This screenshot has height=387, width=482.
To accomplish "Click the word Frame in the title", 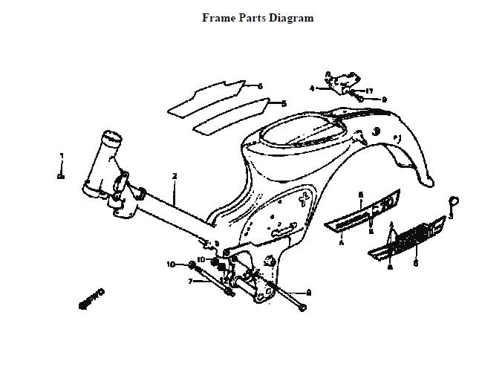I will pyautogui.click(x=218, y=18).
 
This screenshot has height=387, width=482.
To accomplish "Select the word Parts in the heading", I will pyautogui.click(x=253, y=18).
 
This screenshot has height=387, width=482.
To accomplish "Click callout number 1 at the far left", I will pyautogui.click(x=62, y=156).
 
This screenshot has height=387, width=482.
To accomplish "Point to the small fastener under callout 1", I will pyautogui.click(x=62, y=176).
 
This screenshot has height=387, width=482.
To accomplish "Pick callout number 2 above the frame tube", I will pyautogui.click(x=175, y=176).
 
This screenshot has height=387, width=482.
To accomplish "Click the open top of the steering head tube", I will pyautogui.click(x=111, y=137).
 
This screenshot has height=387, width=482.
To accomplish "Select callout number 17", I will pyautogui.click(x=369, y=91).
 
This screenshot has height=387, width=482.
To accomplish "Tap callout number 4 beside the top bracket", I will pyautogui.click(x=313, y=88).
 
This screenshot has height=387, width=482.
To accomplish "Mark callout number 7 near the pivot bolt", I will pyautogui.click(x=190, y=282).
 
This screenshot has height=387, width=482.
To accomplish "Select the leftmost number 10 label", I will pyautogui.click(x=170, y=264).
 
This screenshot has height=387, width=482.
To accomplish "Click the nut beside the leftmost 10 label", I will pyautogui.click(x=192, y=265).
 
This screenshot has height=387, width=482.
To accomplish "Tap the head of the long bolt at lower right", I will pyautogui.click(x=302, y=308).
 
